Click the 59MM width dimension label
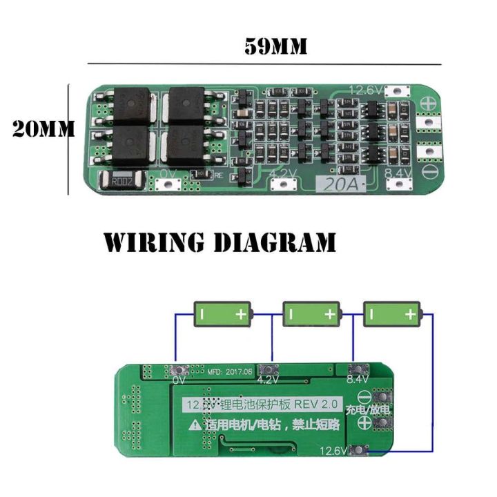tap(275, 47)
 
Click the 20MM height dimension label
tap(43, 130)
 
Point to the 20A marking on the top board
tap(333, 184)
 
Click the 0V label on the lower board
tap(179, 380)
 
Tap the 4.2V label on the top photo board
tap(278, 174)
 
